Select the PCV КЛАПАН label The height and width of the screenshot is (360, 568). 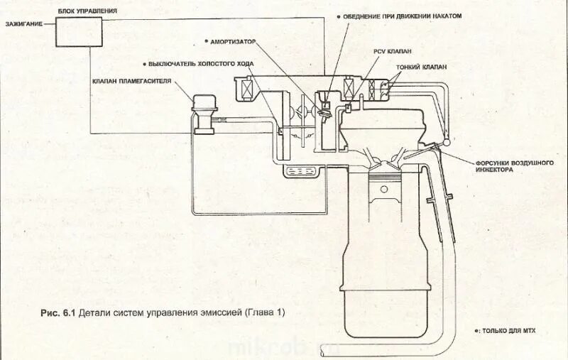[x=393, y=51]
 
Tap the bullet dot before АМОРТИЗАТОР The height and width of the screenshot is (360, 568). [x=205, y=41]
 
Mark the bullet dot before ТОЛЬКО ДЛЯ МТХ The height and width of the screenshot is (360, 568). [x=477, y=331]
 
